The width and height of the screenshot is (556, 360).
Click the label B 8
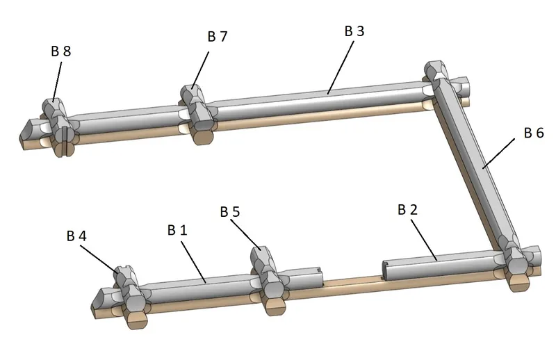pyautogui.click(x=61, y=51)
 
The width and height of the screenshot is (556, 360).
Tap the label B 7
pyautogui.click(x=218, y=36)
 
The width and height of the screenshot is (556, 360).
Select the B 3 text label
pyautogui.click(x=354, y=31)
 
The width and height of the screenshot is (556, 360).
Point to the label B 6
pyautogui.click(x=534, y=133)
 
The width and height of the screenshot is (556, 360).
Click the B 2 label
pyautogui.click(x=408, y=210)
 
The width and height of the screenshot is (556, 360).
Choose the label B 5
pyautogui.click(x=230, y=212)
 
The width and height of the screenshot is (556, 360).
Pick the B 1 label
pyautogui.click(x=177, y=230)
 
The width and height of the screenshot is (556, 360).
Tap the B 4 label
pyautogui.click(x=76, y=236)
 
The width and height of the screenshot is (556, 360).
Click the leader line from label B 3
pyautogui.click(x=341, y=67)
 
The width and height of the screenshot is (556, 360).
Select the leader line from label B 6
pyautogui.click(x=498, y=153)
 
